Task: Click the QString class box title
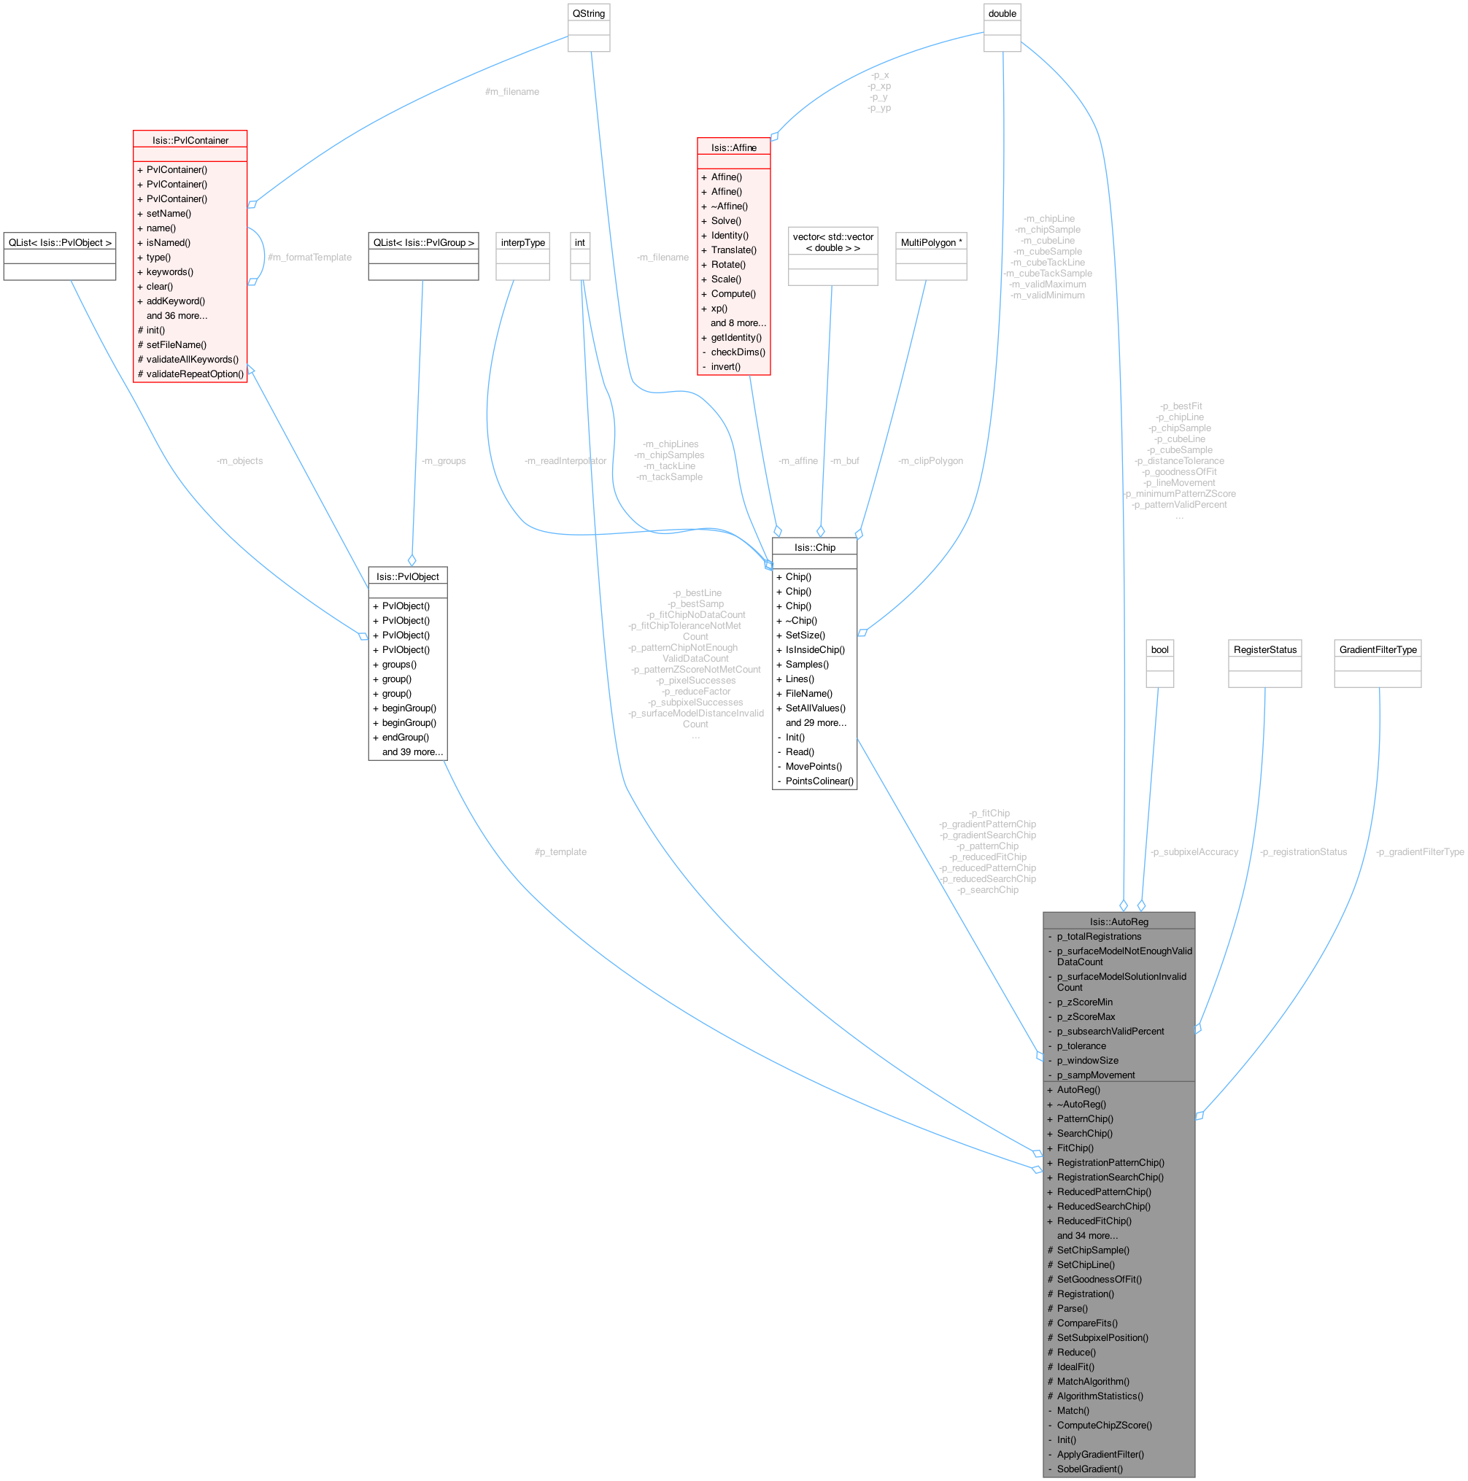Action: coord(588,14)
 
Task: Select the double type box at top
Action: coord(1002,14)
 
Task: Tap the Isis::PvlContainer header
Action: coord(190,140)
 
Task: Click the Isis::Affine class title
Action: coord(733,147)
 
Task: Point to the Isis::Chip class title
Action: coord(815,547)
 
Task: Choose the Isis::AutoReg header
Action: coord(1119,921)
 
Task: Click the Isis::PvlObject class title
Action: coord(408,576)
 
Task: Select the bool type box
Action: coord(1160,649)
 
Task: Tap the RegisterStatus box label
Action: coord(1265,649)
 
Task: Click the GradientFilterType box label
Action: coord(1378,649)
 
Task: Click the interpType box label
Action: coord(523,242)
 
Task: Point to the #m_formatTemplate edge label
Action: coord(309,258)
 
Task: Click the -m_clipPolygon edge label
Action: coord(930,460)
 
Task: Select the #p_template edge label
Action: coord(560,851)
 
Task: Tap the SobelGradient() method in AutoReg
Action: coord(1089,1469)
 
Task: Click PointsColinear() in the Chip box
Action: coord(819,781)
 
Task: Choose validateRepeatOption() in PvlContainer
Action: coord(195,374)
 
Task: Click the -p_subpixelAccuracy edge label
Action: coord(1194,851)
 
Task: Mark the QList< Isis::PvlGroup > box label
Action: coord(423,242)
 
